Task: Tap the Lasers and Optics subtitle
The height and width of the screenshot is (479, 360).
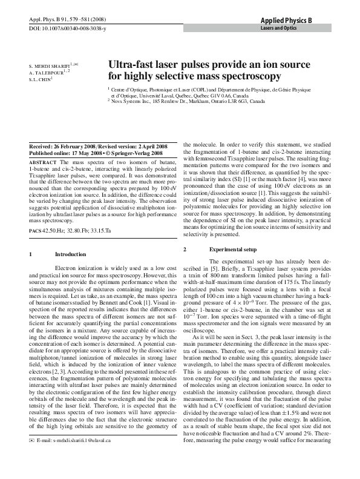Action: (278, 28)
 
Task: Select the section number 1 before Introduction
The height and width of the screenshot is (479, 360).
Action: (30, 254)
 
